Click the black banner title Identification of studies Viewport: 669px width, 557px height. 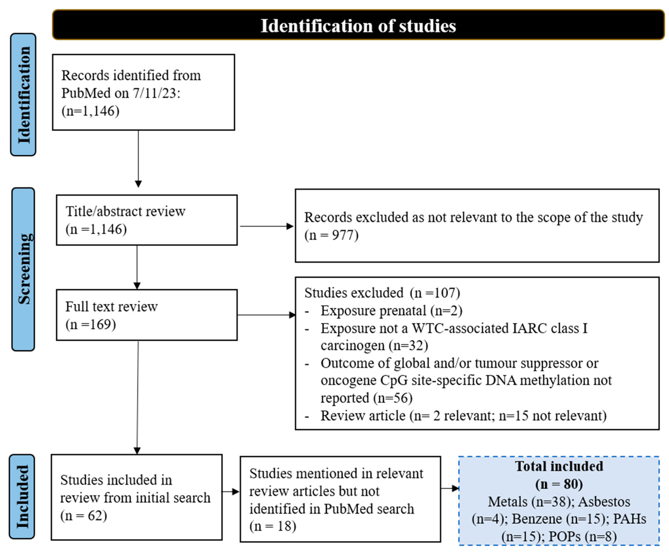pyautogui.click(x=358, y=25)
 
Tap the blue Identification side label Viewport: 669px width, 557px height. pyautogui.click(x=23, y=95)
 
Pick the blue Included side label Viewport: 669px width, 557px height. pyautogui.click(x=22, y=497)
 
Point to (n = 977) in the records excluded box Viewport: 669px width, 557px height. pyautogui.click(x=331, y=235)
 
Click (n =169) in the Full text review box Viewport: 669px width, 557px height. pyautogui.click(x=91, y=324)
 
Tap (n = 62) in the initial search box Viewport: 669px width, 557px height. pyautogui.click(x=83, y=516)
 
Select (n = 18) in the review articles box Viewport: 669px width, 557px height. pyautogui.click(x=273, y=526)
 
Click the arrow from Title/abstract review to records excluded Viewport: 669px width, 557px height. pyautogui.click(x=266, y=226)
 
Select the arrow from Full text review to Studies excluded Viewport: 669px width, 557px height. pyautogui.click(x=266, y=315)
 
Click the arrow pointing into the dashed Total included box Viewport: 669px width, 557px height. pyautogui.click(x=450, y=488)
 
